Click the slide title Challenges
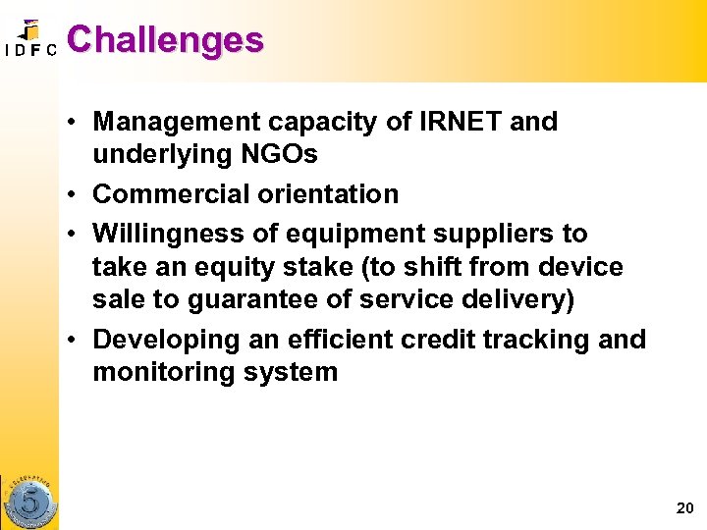[x=165, y=40]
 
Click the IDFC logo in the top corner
[x=29, y=39]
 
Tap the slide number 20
[x=684, y=507]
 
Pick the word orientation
[x=328, y=194]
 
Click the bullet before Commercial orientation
[x=74, y=195]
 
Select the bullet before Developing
[x=74, y=341]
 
